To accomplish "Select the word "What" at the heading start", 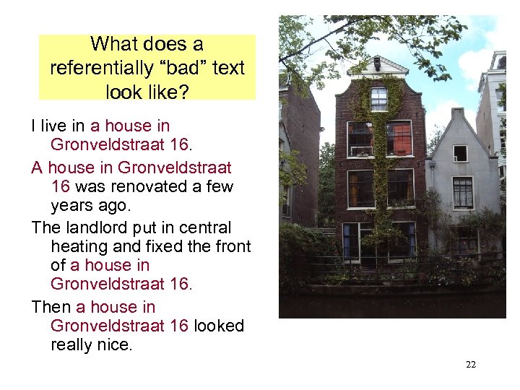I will (x=115, y=44).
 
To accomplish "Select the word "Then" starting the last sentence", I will (x=51, y=307).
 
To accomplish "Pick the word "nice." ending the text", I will (x=113, y=344).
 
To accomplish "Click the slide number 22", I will (x=471, y=365).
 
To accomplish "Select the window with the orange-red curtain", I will (x=398, y=139).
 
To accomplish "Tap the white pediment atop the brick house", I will (x=377, y=66).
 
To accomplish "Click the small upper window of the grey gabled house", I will (x=459, y=153).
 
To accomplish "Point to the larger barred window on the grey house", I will (x=462, y=193).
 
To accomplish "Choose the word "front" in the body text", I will (x=231, y=246).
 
